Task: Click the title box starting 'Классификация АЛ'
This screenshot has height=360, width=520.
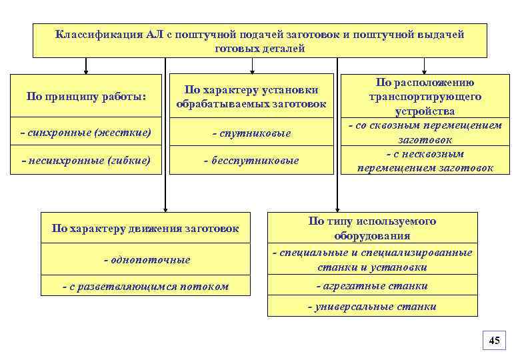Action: click(260, 41)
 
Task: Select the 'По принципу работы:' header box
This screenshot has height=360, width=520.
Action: click(86, 97)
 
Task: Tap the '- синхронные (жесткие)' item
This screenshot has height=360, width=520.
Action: click(86, 133)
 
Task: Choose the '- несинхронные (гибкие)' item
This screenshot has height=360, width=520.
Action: click(86, 160)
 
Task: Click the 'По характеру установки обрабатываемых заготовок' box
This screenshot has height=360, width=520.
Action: click(251, 97)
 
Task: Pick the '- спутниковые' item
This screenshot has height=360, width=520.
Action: click(251, 133)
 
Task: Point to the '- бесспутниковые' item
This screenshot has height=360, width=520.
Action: click(251, 161)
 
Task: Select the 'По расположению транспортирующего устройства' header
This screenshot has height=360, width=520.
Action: click(425, 97)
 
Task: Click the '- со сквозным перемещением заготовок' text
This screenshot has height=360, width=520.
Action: click(425, 133)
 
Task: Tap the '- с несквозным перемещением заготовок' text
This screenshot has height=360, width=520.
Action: click(425, 161)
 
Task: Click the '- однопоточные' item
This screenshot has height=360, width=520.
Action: click(147, 259)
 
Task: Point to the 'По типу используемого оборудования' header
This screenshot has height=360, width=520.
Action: click(373, 228)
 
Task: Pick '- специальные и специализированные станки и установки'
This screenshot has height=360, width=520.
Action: click(373, 259)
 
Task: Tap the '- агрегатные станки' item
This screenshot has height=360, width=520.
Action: click(373, 286)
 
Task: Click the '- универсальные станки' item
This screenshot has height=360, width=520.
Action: click(373, 307)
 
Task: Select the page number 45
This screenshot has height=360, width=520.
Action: click(494, 341)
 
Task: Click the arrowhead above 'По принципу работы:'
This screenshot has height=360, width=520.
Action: click(86, 69)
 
